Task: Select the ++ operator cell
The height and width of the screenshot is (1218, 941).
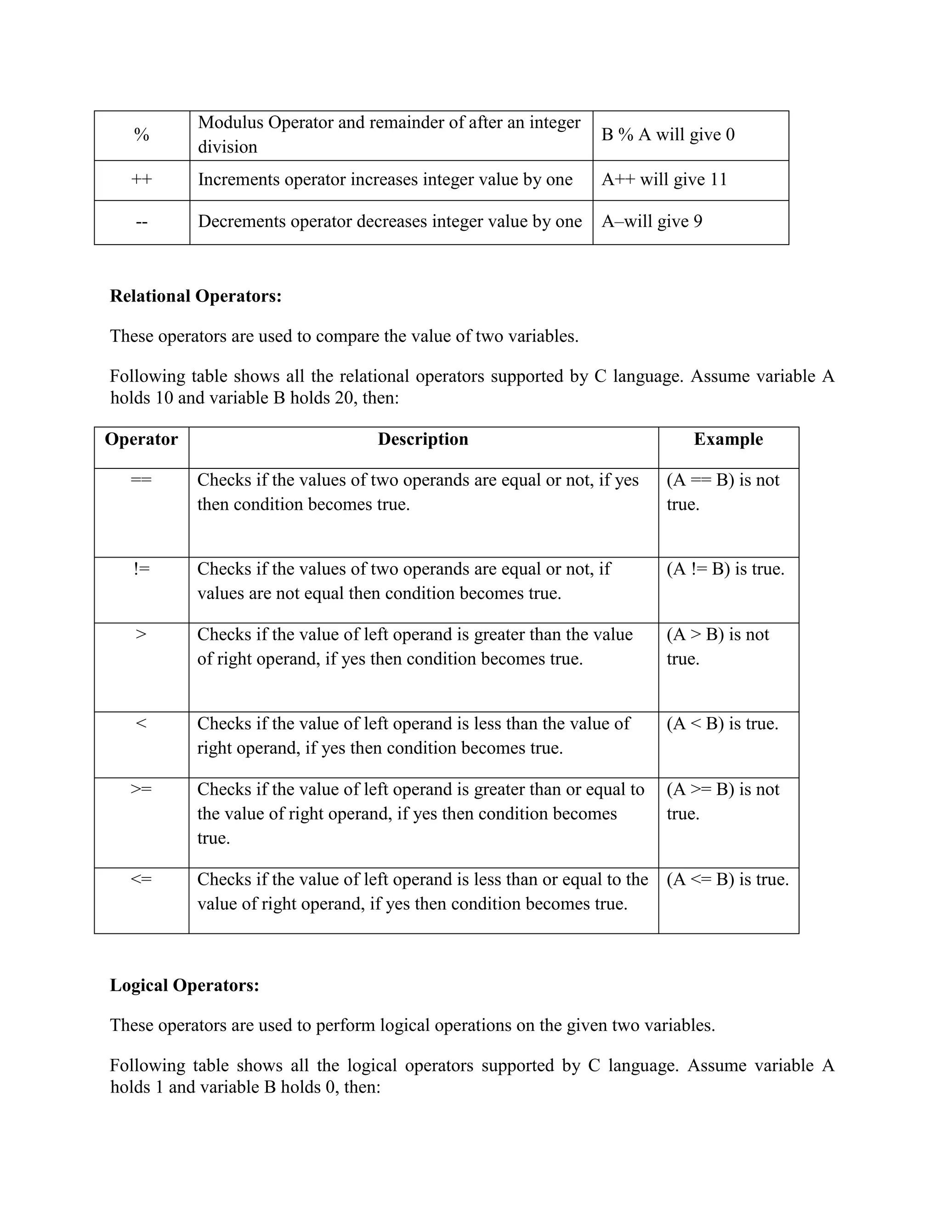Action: (x=142, y=180)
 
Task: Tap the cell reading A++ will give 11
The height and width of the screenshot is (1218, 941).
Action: (x=664, y=180)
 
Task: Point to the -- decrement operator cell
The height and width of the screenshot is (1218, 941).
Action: (x=142, y=222)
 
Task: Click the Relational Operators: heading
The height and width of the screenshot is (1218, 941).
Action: (x=196, y=296)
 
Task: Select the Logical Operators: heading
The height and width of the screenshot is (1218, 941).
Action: (x=185, y=985)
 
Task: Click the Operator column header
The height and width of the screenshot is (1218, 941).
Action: (x=141, y=439)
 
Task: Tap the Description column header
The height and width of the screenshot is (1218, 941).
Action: (x=423, y=439)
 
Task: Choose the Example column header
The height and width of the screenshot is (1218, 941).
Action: (x=728, y=439)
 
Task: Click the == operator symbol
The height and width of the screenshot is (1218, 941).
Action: (x=141, y=479)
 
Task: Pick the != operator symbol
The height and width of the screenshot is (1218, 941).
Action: (x=141, y=569)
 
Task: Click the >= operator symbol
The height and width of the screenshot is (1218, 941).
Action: (x=141, y=790)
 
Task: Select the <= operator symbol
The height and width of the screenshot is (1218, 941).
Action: (x=141, y=879)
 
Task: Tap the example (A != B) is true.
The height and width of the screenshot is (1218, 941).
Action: (x=725, y=569)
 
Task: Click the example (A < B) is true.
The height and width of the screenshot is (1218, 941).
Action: (x=722, y=724)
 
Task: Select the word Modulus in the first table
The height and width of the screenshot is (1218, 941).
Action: (x=230, y=123)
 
